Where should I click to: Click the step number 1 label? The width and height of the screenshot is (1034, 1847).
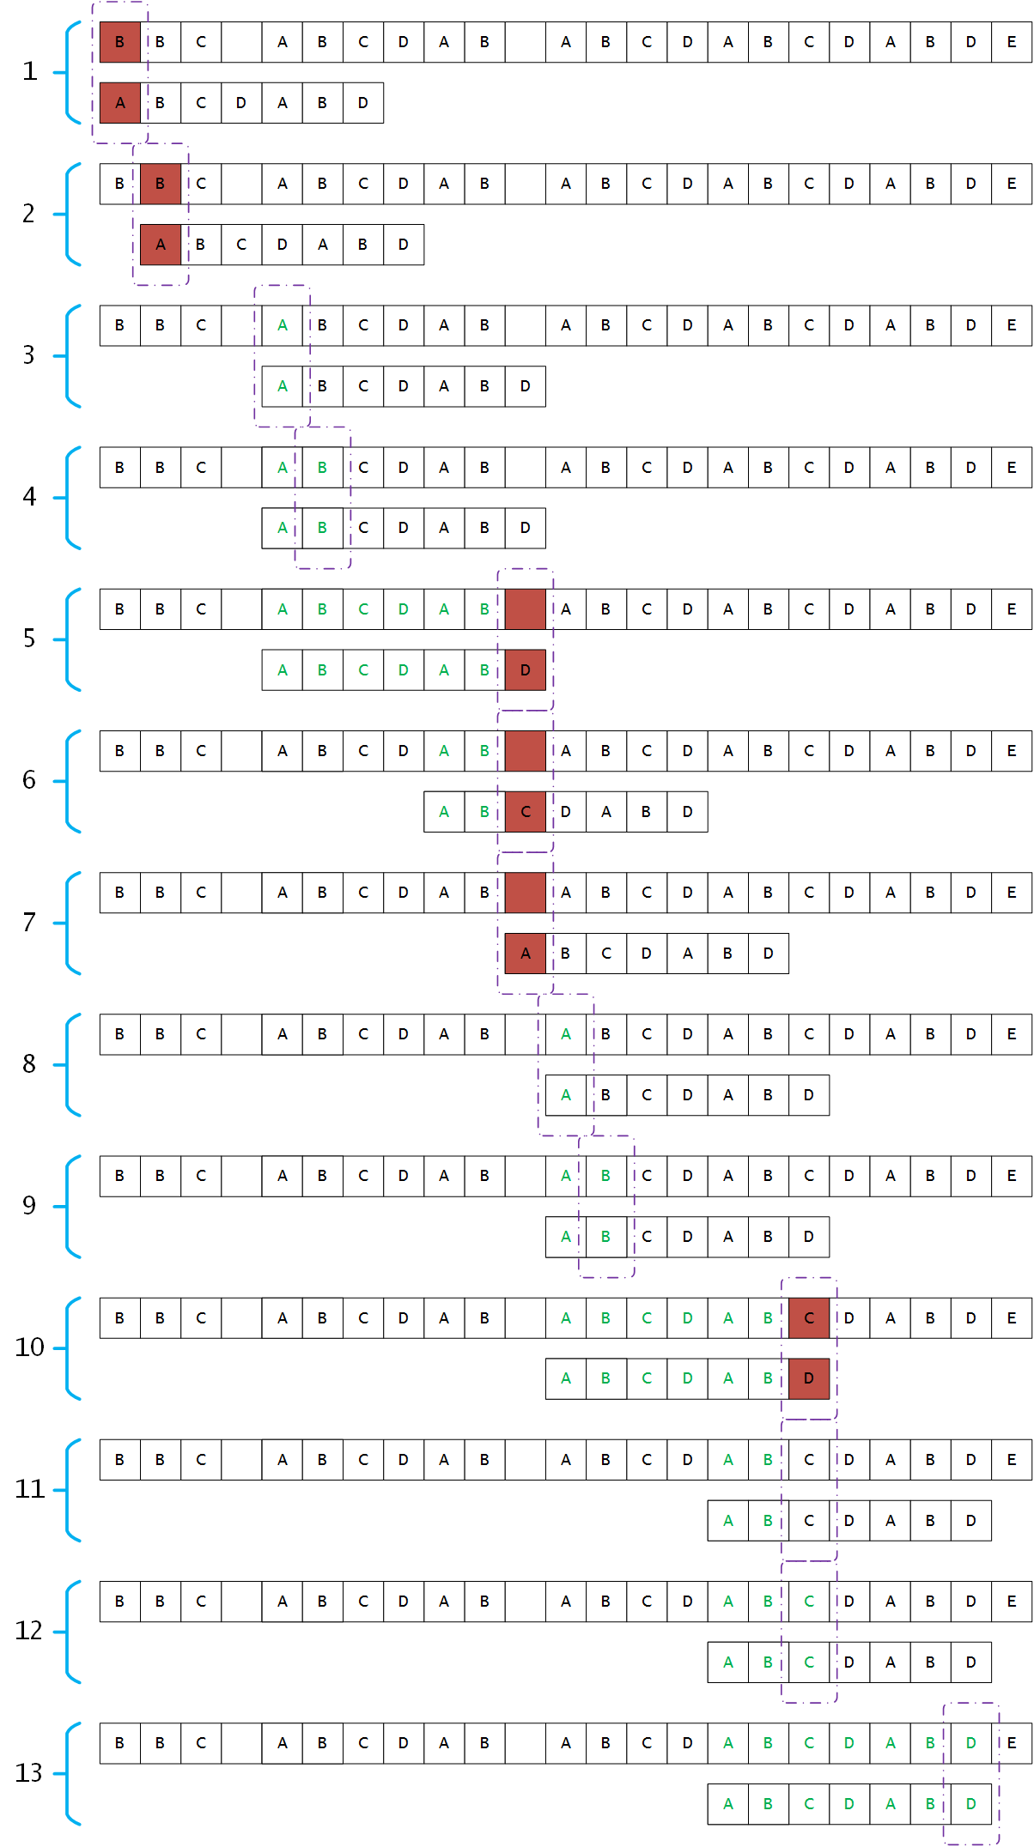point(30,71)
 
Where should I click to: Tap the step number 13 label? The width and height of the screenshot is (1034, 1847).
point(28,1773)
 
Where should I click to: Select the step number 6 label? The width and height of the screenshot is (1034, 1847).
point(29,780)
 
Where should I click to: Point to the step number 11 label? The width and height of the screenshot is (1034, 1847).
point(29,1489)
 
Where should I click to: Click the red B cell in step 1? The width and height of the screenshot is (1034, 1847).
point(120,42)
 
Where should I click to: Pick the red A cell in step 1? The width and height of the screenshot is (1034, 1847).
point(120,103)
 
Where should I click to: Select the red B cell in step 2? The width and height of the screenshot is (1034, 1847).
point(161,184)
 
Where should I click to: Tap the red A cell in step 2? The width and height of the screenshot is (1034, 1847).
point(161,245)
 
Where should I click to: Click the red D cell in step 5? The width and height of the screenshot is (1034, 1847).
point(526,670)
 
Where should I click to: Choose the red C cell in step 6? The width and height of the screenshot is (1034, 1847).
point(526,812)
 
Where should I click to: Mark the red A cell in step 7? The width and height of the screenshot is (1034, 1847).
point(526,954)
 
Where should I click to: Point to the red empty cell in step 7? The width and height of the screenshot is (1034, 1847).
point(526,893)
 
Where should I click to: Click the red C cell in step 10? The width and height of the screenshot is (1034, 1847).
point(809,1318)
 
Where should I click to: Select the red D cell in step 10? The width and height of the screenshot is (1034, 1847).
point(809,1378)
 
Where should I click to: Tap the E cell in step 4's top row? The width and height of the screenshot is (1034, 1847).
point(1012,468)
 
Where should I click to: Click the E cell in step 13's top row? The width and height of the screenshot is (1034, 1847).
point(1012,1743)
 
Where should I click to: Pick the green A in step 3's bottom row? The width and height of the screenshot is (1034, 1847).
point(283,386)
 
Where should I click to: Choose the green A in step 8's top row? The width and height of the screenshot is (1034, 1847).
point(566,1034)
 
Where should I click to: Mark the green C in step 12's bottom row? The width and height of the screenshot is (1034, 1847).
point(809,1662)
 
